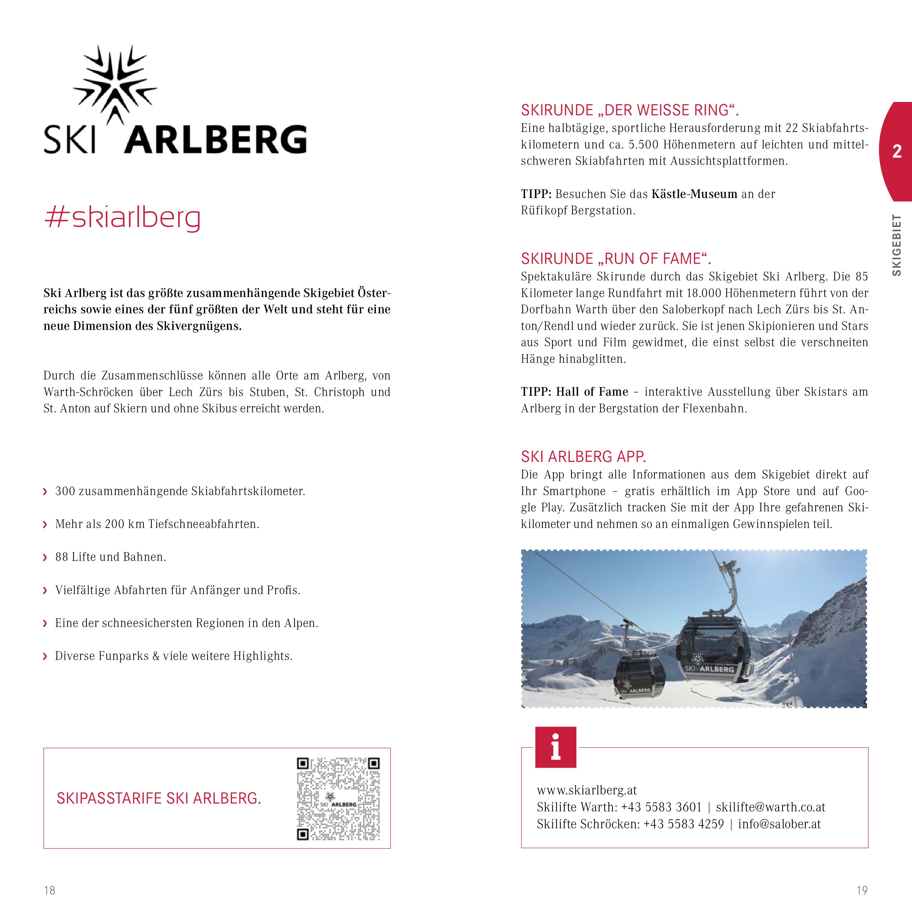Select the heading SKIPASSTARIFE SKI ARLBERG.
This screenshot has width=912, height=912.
coord(159,798)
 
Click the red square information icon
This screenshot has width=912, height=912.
coord(556,747)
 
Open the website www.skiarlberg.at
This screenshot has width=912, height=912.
coord(587,790)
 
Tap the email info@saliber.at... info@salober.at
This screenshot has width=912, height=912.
coord(779,824)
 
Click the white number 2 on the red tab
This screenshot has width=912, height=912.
coord(896,151)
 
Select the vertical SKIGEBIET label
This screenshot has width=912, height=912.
coord(896,246)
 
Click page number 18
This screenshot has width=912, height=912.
coord(50,891)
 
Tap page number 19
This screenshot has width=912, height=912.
coord(862,891)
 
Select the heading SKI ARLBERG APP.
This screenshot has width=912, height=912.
coord(583,456)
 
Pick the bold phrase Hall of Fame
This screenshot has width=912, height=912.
coord(592,392)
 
